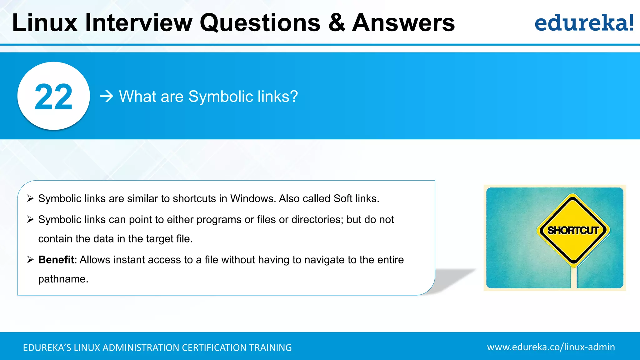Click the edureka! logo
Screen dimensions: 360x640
point(584,23)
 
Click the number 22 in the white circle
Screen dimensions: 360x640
point(53,97)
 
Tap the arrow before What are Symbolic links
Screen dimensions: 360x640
point(107,96)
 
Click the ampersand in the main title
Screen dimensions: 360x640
point(337,23)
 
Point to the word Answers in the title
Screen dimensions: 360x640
point(403,23)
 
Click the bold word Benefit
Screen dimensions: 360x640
point(56,260)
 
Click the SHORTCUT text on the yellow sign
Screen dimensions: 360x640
point(573,231)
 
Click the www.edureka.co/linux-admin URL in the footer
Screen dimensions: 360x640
point(551,347)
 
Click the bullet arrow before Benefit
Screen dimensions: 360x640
point(30,260)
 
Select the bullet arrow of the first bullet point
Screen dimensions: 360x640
point(30,198)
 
